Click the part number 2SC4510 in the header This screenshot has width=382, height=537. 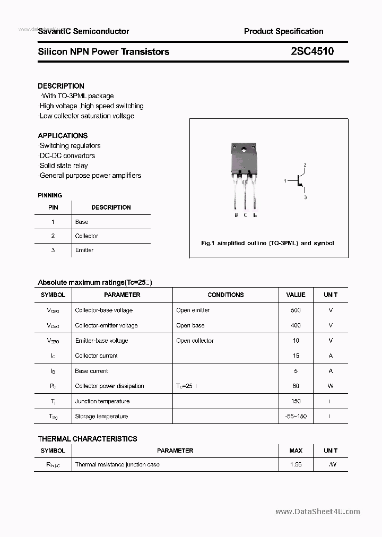tap(312, 51)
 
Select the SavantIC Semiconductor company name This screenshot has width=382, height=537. tap(83, 31)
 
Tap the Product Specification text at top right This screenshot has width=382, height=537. tap(283, 31)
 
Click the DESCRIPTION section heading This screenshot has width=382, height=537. tap(61, 86)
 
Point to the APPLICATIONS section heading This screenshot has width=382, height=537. tap(63, 136)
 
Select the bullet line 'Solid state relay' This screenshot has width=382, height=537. tap(63, 166)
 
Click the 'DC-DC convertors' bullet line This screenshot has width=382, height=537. tap(67, 155)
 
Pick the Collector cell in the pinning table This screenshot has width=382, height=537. tap(86, 236)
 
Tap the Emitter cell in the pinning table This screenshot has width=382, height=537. tap(84, 250)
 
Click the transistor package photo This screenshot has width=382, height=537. tap(245, 175)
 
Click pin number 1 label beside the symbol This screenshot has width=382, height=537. tap(285, 181)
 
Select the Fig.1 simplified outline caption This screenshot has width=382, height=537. tap(267, 243)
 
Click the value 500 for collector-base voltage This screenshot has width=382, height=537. tap(296, 310)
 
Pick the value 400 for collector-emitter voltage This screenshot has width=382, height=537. tap(296, 325)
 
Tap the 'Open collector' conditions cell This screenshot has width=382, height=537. tap(195, 341)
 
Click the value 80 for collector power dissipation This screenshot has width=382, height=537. tap(296, 386)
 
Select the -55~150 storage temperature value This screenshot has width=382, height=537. tap(296, 417)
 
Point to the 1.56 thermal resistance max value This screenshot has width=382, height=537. tap(296, 465)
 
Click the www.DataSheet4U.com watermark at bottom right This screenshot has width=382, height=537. tap(318, 512)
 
